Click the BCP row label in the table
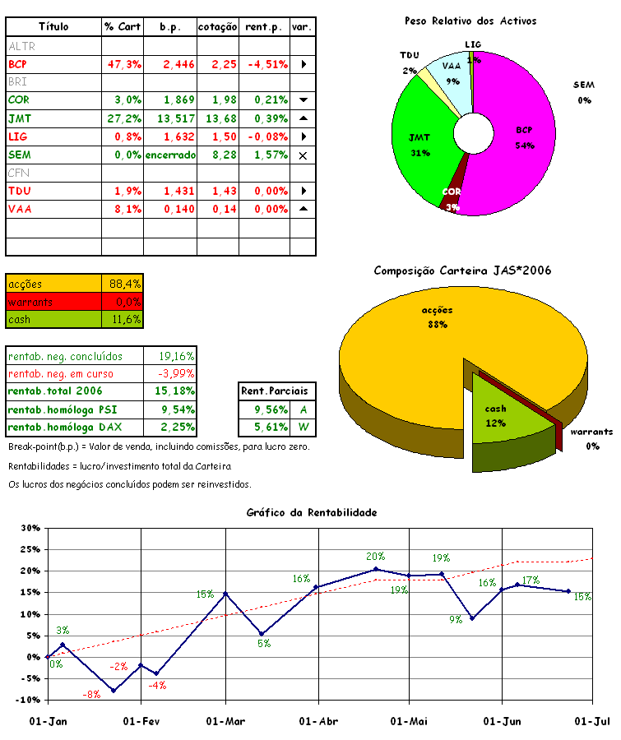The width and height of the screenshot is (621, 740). (18, 64)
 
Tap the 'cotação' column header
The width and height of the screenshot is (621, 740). (218, 27)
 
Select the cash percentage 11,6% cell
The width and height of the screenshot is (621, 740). (125, 319)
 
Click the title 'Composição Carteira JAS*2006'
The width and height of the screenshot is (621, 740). (462, 271)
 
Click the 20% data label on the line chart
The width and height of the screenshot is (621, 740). (375, 557)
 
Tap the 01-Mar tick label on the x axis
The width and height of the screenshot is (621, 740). (225, 721)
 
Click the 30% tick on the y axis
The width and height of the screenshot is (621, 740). (30, 528)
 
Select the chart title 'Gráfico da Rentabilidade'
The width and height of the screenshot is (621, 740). (312, 512)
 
